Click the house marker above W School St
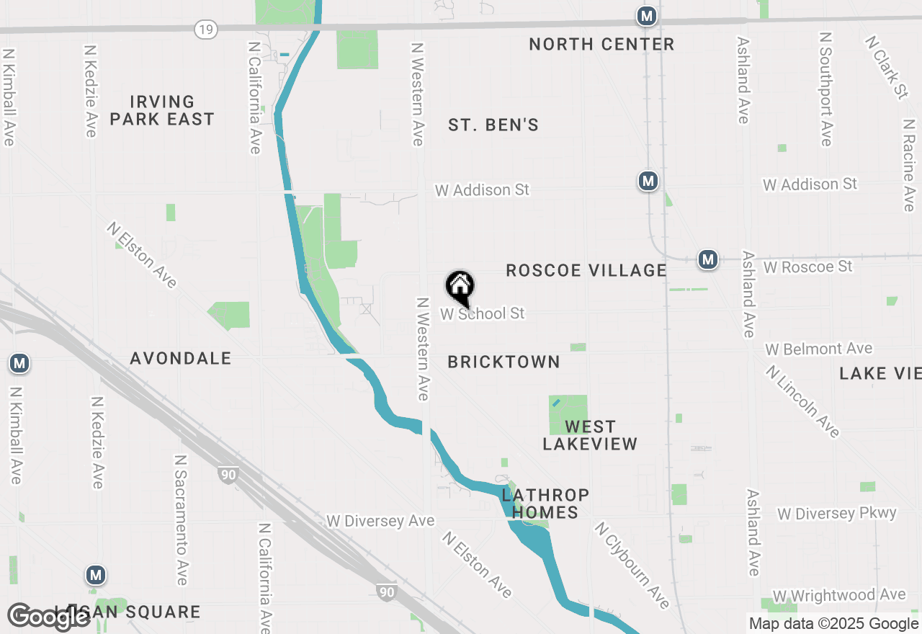click(460, 287)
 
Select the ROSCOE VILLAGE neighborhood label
click(586, 270)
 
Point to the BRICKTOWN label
click(503, 362)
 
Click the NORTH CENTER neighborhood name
click(601, 44)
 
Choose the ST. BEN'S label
click(493, 125)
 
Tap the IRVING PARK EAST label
click(162, 110)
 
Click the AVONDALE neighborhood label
click(181, 358)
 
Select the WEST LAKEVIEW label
click(590, 435)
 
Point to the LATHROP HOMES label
click(545, 504)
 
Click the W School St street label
click(483, 314)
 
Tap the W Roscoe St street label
click(807, 267)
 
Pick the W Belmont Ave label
click(818, 349)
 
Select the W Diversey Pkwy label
click(836, 514)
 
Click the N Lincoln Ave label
click(802, 401)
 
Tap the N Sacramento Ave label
click(181, 519)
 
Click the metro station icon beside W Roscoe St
click(708, 259)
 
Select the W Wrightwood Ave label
click(838, 596)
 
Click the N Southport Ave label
click(826, 89)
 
